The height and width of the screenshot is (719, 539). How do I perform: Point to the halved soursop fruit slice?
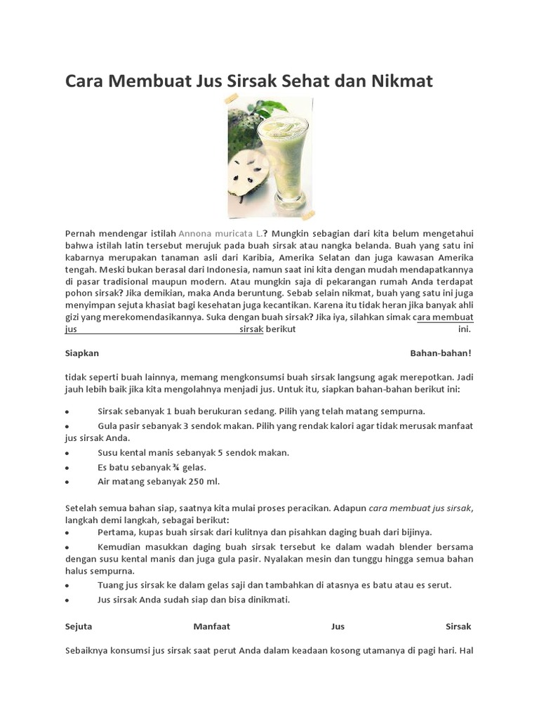tap(245, 175)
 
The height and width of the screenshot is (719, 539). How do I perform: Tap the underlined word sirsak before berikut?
tap(251, 329)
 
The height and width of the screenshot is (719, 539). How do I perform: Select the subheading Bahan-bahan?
tap(441, 352)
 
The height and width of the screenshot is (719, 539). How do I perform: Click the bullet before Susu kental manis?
tap(67, 454)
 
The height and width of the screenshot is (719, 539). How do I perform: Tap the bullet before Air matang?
tap(67, 482)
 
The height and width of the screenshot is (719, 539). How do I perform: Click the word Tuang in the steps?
tap(111, 585)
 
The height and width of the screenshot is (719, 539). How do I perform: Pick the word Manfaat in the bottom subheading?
tap(211, 626)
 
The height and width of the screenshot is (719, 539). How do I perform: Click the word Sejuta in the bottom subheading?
tap(79, 626)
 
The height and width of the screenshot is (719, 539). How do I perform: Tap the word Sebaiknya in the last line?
tap(89, 650)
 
